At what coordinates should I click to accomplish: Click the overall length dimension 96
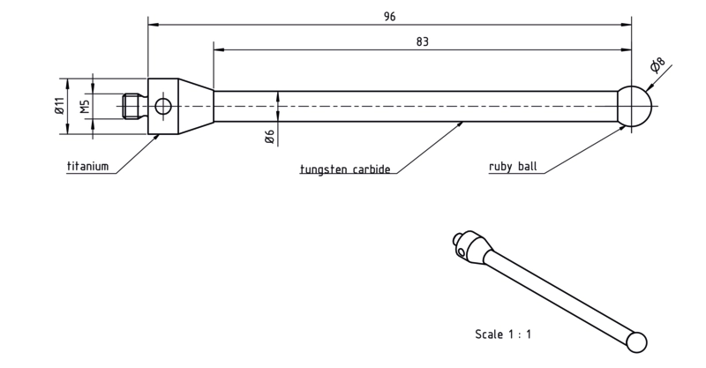coord(389,17)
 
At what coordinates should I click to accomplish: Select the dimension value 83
coord(423,41)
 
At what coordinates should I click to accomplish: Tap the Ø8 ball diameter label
coord(657,65)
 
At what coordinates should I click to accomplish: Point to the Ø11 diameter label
coord(60,105)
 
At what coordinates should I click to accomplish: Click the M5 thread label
coord(86,106)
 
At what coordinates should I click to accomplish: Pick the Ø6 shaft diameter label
coord(270,137)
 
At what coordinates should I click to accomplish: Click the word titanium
coord(87,166)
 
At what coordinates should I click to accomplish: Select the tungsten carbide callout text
coord(345,169)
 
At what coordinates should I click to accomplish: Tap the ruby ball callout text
coord(513,167)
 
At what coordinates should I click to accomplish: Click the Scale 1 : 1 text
coord(503,334)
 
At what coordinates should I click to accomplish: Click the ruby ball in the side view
coord(634,106)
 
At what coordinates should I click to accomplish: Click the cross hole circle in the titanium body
coord(162,106)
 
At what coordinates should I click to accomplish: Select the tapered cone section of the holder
coord(196,106)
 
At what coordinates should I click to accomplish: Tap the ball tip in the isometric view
coord(636,342)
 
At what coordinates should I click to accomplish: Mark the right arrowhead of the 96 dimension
coord(627,25)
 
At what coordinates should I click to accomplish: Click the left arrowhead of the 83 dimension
coord(219,50)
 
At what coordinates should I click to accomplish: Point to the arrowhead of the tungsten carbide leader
coord(460,124)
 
